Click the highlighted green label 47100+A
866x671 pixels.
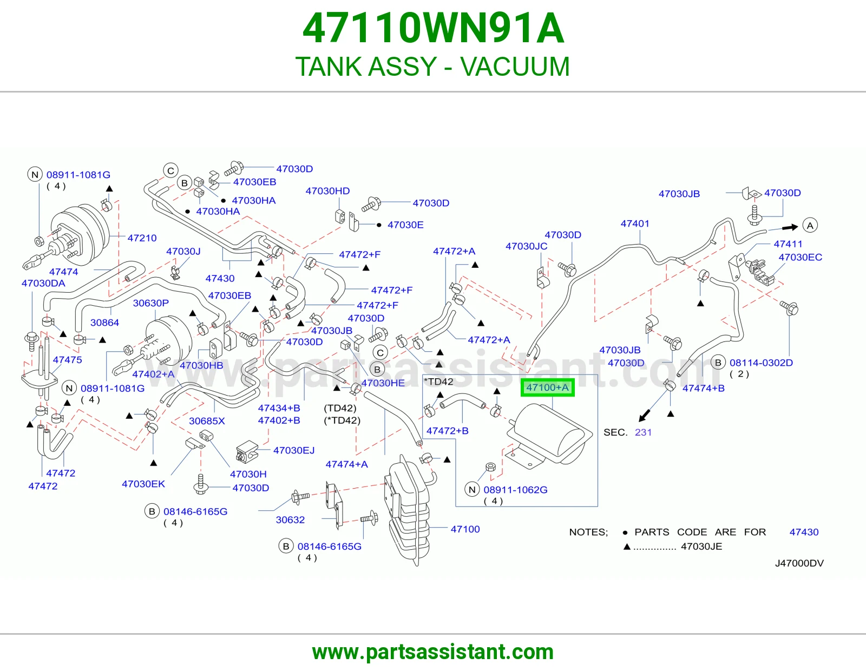tap(547, 387)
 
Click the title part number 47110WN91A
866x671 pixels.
tap(433, 29)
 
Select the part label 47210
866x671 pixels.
tap(142, 238)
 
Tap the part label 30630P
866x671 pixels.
tap(150, 303)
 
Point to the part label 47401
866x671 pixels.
tap(635, 223)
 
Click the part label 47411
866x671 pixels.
tap(788, 244)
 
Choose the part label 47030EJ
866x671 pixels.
tap(294, 450)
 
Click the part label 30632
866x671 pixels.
tap(290, 519)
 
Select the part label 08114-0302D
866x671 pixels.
tap(761, 363)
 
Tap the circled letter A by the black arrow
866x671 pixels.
tap(810, 226)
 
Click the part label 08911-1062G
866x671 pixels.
tap(515, 490)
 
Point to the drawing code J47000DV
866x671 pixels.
tap(799, 563)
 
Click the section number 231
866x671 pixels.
tap(643, 432)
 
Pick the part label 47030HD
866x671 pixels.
tap(327, 191)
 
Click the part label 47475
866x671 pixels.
tap(67, 360)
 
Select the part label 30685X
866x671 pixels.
tap(207, 421)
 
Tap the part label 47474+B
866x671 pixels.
tap(704, 388)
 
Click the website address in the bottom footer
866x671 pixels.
tap(433, 652)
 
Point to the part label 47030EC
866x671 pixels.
tap(801, 257)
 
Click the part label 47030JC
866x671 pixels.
tap(526, 246)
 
